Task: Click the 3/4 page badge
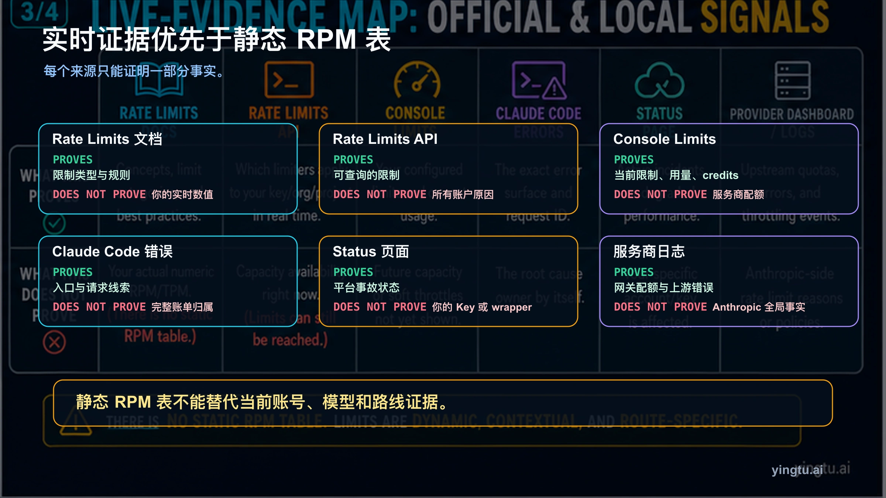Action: [39, 13]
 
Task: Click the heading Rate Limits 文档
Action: [107, 139]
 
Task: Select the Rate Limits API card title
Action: [385, 139]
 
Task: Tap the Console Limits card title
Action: [664, 139]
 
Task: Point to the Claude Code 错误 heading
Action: [112, 252]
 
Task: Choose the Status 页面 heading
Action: [371, 252]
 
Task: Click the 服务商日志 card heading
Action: [649, 252]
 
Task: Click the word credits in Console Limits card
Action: [720, 175]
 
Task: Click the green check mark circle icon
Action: [54, 223]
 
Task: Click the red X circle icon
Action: [54, 342]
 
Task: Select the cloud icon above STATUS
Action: [659, 81]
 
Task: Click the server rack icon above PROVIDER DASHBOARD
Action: [793, 80]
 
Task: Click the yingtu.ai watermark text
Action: [797, 470]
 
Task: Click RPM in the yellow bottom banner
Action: [133, 402]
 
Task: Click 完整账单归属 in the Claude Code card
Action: [182, 307]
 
